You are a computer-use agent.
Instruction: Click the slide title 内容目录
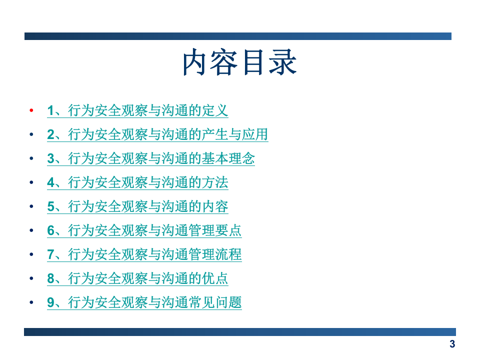tap(239, 63)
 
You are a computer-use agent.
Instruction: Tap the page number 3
tap(452, 344)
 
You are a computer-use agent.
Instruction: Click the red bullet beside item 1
tap(31, 110)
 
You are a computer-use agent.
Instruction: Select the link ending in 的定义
tap(137, 110)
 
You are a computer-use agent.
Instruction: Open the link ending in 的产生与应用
tap(157, 134)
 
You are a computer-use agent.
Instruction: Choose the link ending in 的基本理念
tap(151, 158)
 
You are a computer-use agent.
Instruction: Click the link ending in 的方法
tap(137, 182)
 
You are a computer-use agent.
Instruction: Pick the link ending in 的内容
tap(137, 206)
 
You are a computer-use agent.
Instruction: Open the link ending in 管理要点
tap(144, 230)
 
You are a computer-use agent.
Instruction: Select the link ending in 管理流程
tap(144, 254)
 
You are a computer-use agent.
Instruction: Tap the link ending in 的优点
tap(137, 278)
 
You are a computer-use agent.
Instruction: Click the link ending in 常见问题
tap(144, 302)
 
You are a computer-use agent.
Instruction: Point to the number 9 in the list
tap(50, 302)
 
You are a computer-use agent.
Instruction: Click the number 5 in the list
tap(50, 206)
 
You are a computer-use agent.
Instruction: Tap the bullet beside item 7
tap(31, 254)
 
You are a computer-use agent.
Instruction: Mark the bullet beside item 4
tap(31, 182)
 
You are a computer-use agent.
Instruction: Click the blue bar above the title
tap(238, 36)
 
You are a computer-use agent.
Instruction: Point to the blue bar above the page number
tap(240, 331)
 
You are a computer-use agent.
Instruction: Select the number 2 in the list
tap(50, 134)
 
